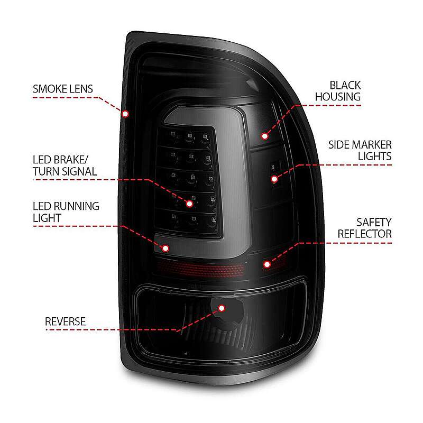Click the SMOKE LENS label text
point(63,89)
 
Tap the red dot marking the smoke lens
point(125,114)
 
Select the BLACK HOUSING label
point(338,91)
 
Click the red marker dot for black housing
point(265,136)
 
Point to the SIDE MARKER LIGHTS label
point(360,151)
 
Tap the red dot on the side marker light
point(274,179)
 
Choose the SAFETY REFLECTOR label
point(364,228)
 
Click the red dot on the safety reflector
point(267,264)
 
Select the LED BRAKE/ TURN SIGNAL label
point(65,165)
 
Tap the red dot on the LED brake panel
point(189,204)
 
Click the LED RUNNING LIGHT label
point(66,212)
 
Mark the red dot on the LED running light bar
point(165,248)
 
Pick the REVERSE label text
point(65,321)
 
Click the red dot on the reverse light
point(222,308)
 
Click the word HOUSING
point(338,97)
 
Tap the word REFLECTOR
point(364,234)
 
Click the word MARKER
point(372,145)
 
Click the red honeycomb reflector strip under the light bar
point(201,269)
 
